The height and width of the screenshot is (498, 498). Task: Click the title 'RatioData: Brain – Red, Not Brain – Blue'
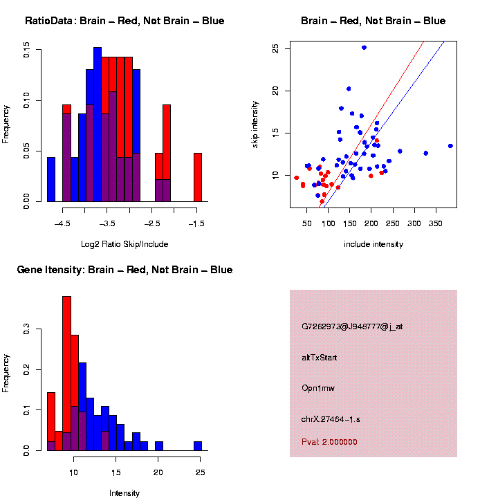coord(124,21)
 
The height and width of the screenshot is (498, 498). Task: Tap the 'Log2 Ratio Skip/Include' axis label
coord(124,243)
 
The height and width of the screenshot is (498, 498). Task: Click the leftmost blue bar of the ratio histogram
coord(51,179)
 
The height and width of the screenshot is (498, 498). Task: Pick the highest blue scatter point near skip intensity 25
coord(364,48)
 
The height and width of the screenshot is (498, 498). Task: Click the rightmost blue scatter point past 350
coord(450,146)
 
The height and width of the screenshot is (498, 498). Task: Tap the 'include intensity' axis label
coord(373,243)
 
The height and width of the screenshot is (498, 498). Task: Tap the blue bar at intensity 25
coord(198,446)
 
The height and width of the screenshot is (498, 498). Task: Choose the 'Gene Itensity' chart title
coord(124,270)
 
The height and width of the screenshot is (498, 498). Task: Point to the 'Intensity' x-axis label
coord(124,493)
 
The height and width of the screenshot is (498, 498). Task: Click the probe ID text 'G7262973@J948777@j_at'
coord(352,326)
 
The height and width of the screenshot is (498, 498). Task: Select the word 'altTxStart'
coord(320,358)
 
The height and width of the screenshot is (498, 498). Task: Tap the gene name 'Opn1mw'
coord(318,389)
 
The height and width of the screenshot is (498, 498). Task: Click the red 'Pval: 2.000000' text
coord(329,442)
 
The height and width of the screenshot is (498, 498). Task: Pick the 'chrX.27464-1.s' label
coord(331,420)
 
